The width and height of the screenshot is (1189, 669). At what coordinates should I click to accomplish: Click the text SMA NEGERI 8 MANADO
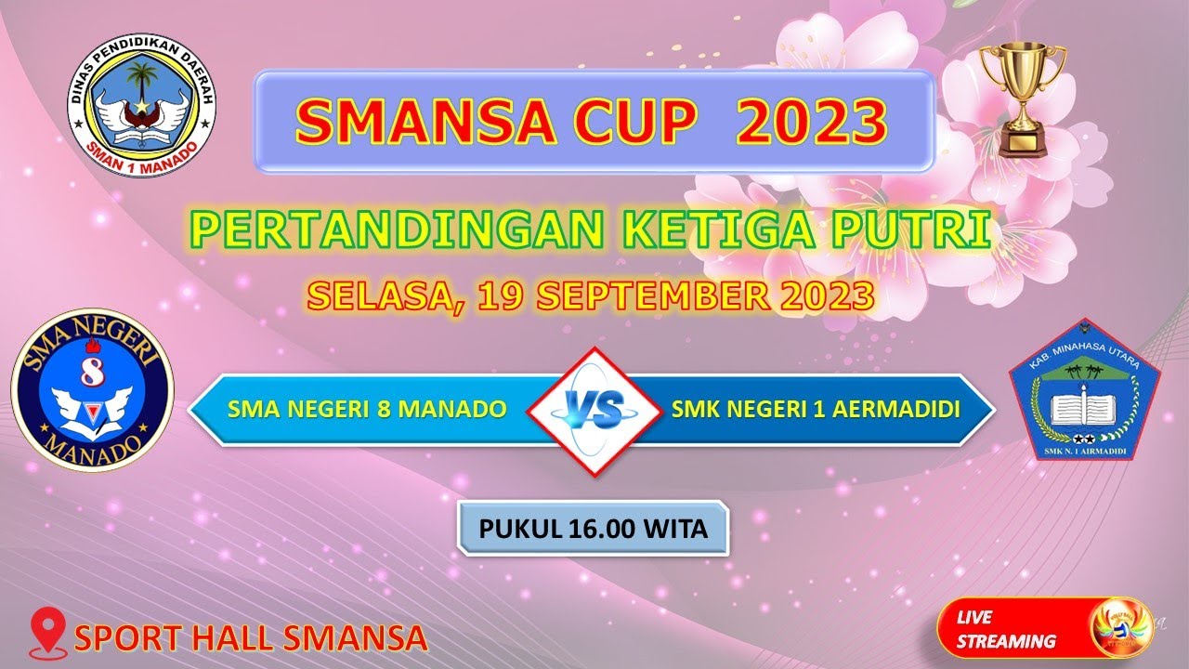[367, 409]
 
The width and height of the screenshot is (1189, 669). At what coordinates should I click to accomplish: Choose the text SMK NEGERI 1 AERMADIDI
[816, 409]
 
